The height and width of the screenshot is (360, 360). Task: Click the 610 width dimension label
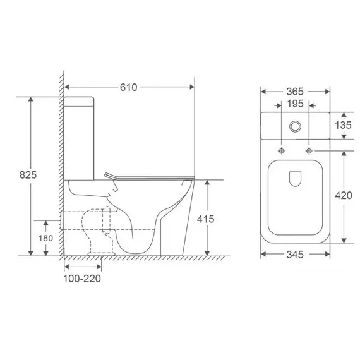pos(129,87)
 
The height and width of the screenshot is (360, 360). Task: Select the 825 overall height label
pos(28,175)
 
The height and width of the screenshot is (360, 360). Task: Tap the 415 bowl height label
pos(205,219)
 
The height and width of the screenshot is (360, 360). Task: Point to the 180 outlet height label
pos(45,238)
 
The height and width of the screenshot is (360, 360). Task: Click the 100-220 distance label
pos(82,279)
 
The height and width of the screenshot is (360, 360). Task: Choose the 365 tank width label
pos(295,92)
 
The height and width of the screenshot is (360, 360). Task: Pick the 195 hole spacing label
pos(295,104)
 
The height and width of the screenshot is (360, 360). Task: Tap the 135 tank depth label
pos(343,125)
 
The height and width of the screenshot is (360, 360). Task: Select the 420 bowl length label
pos(344,195)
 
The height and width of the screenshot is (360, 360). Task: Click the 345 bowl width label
pos(295,255)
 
